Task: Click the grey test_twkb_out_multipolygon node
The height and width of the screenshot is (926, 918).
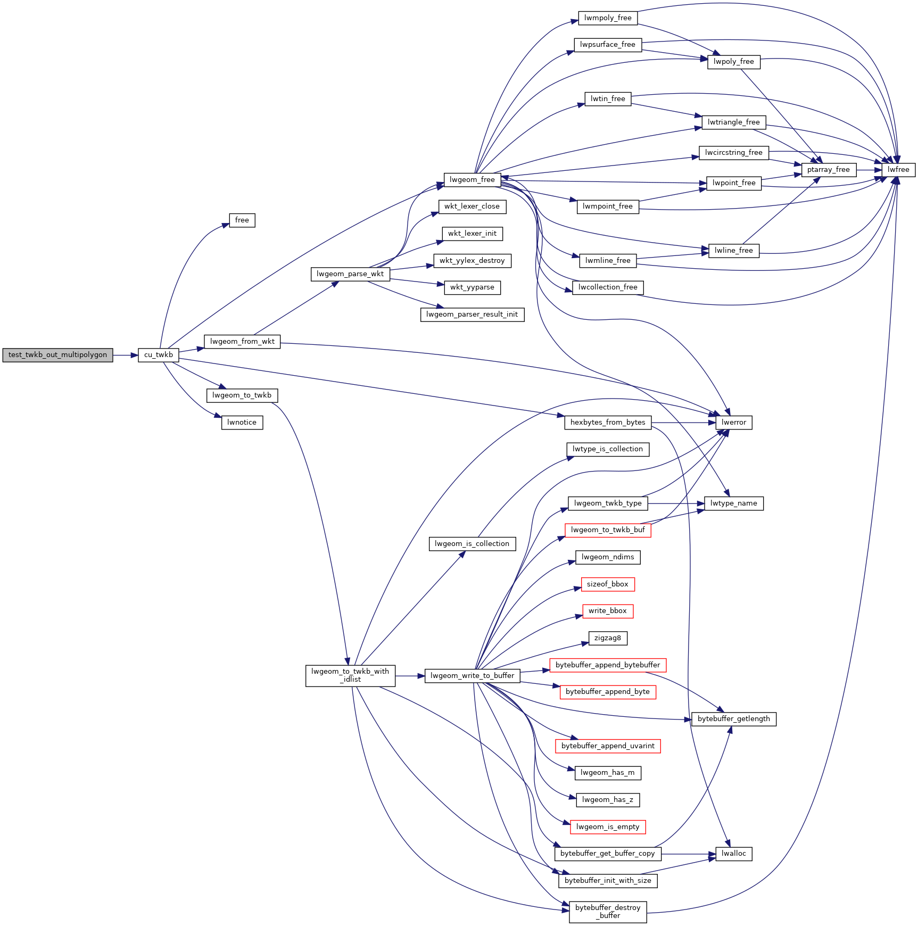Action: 57,355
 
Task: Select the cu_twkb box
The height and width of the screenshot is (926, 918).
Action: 159,355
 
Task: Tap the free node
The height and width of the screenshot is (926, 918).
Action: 242,220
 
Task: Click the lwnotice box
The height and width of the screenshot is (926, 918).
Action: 242,423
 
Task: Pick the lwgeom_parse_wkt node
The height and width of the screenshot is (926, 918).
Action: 350,274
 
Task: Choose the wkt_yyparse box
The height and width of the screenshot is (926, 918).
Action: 473,287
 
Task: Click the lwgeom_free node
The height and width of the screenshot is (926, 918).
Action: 473,180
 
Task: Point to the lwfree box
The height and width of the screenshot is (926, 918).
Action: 899,170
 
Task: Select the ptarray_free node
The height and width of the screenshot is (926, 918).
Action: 829,170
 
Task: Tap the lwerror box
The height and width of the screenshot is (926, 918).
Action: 734,423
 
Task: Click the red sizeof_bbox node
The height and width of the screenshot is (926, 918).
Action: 608,584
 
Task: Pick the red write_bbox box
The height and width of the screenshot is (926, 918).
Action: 608,611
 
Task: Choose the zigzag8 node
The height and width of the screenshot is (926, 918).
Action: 608,638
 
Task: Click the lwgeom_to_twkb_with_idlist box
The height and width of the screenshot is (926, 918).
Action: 351,675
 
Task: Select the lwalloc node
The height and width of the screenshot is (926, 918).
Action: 734,854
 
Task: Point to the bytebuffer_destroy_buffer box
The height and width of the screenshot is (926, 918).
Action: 608,912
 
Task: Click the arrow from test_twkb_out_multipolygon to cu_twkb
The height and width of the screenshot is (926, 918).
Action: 126,355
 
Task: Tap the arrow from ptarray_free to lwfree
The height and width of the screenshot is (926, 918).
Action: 869,170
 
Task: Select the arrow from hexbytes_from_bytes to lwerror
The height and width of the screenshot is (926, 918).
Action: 683,423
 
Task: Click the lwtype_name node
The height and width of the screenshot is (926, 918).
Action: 734,503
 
